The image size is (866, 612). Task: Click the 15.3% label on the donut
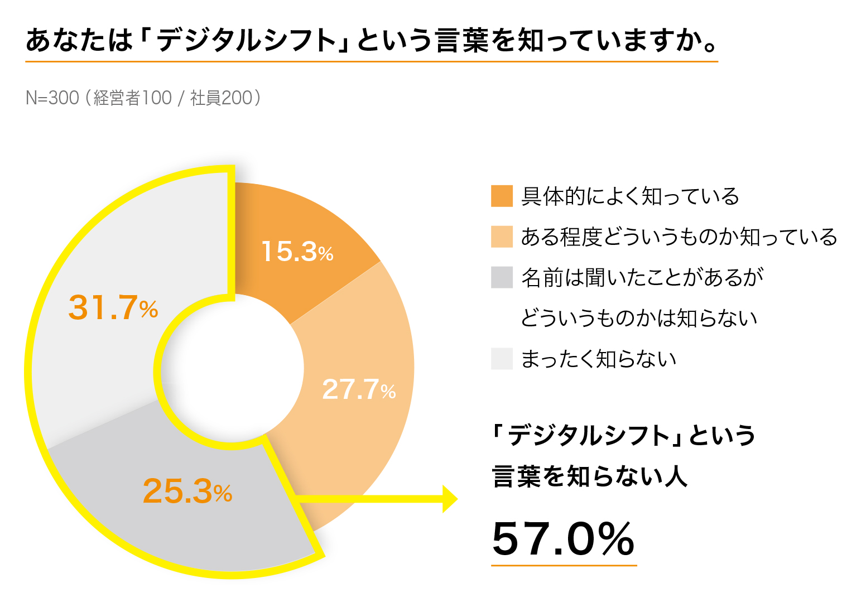tap(297, 251)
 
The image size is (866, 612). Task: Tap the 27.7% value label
tap(359, 389)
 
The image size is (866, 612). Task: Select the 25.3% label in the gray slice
tap(187, 491)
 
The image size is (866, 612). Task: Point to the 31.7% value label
tap(113, 307)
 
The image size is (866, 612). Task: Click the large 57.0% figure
tap(563, 539)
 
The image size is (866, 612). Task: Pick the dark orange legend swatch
tap(502, 196)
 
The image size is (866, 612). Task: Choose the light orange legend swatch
tap(502, 237)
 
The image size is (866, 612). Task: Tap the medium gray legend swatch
tap(502, 277)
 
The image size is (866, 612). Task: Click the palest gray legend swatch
tap(502, 359)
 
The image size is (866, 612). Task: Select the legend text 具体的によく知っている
tap(630, 196)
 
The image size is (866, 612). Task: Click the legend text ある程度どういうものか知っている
tap(679, 237)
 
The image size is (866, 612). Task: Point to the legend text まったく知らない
tap(598, 359)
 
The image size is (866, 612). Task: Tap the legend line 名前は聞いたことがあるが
tap(642, 278)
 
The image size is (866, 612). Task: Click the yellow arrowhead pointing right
tap(449, 499)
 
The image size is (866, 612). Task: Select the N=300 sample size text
tap(52, 98)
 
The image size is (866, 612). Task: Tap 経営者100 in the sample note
tap(133, 98)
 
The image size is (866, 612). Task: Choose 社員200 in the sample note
tap(222, 98)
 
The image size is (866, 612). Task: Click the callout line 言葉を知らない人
tap(589, 477)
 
